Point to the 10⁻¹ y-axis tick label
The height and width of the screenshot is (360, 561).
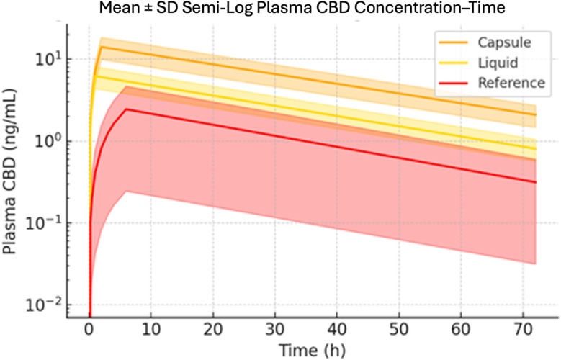tap(45, 223)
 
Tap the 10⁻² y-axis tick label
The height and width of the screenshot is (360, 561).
tap(45, 305)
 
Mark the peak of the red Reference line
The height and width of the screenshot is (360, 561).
tap(126, 109)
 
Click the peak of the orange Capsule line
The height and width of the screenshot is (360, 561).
tap(102, 47)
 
